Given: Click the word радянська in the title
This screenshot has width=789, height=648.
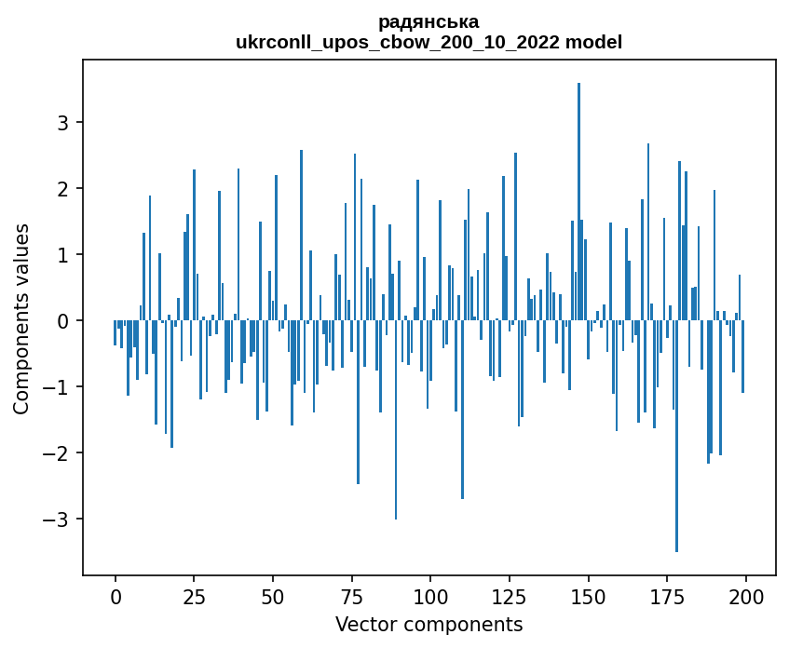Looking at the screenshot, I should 429,21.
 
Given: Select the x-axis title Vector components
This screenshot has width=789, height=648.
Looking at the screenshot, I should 429,624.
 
